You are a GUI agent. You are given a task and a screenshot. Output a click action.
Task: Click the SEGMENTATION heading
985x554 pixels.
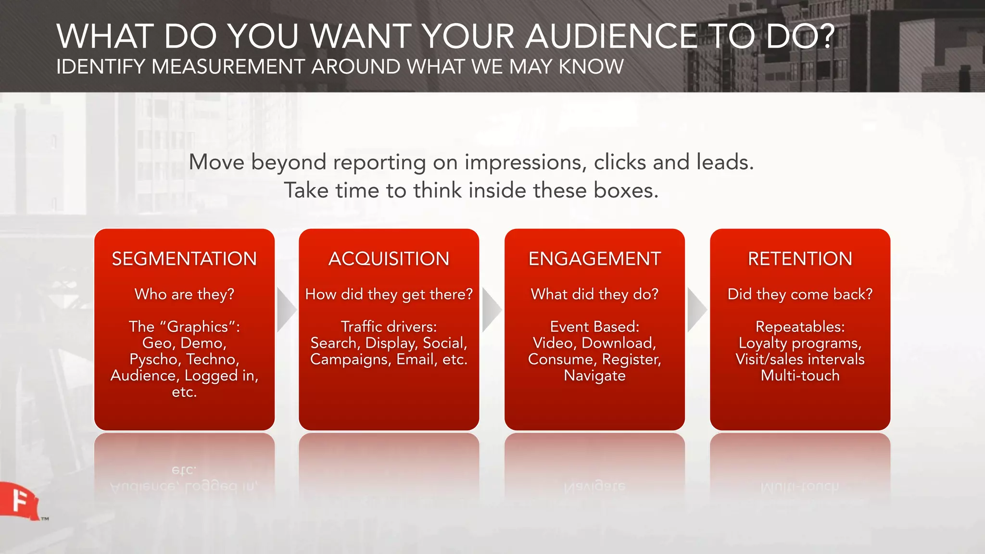[184, 259]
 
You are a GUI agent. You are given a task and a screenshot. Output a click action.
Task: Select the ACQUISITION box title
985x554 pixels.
[389, 259]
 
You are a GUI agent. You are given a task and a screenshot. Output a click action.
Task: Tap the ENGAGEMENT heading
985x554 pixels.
[594, 259]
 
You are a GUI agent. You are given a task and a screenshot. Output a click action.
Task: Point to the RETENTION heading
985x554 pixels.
[800, 259]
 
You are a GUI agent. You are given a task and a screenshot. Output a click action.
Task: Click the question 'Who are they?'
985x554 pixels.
[184, 294]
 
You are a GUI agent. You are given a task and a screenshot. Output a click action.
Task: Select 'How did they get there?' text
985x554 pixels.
[389, 294]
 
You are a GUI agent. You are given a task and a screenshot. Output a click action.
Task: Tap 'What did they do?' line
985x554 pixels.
[594, 294]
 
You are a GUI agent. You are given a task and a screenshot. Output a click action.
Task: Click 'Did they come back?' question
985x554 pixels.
[800, 294]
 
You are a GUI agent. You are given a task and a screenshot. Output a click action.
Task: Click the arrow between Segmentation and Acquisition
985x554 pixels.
[286, 310]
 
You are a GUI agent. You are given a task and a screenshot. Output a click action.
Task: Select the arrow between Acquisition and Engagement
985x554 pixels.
[491, 310]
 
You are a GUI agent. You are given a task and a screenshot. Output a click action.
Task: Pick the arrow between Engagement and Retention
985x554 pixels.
[696, 310]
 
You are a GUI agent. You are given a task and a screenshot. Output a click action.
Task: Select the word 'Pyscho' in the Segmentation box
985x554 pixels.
[153, 360]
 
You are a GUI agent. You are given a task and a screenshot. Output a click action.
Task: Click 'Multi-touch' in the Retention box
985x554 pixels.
[800, 376]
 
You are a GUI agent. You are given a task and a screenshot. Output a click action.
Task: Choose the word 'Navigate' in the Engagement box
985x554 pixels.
[594, 376]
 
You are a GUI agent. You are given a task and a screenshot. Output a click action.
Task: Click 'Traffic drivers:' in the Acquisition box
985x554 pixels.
[389, 327]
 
